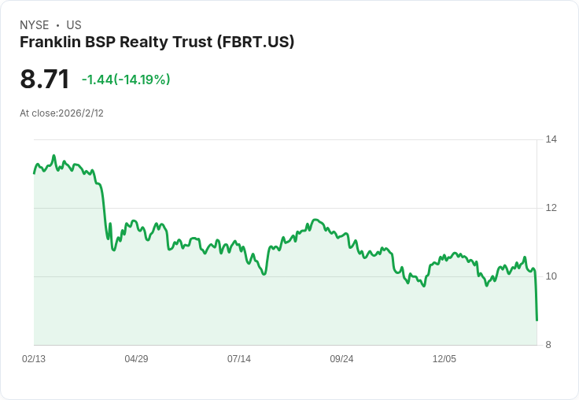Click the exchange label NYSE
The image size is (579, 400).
pos(35,25)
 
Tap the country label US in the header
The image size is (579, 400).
pos(74,25)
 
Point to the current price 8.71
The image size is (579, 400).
pos(45,80)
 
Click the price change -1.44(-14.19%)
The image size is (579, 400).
pos(126,80)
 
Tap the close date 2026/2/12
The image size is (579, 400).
pos(81,113)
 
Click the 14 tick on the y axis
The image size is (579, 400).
pos(551,139)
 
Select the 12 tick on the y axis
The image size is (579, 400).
pos(551,208)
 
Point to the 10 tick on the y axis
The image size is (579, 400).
pos(551,276)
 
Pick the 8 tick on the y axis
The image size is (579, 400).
pos(549,345)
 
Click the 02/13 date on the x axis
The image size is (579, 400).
pos(34,359)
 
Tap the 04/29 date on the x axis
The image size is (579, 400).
pos(136,359)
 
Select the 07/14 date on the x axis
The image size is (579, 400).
pos(239,359)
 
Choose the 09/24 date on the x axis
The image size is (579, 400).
pos(341,359)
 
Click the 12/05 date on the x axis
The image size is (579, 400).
pos(444,359)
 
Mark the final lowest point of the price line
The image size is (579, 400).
pos(537,320)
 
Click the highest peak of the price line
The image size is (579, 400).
pos(53,156)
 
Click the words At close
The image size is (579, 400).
pos(38,113)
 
